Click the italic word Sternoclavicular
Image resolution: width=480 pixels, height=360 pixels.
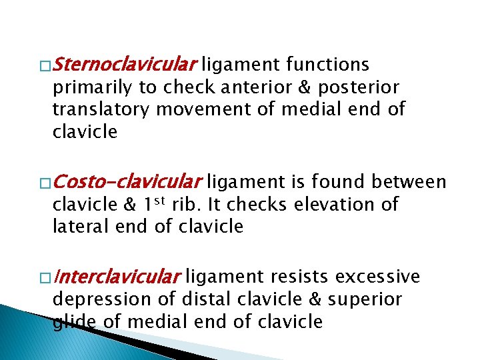point(124,65)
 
